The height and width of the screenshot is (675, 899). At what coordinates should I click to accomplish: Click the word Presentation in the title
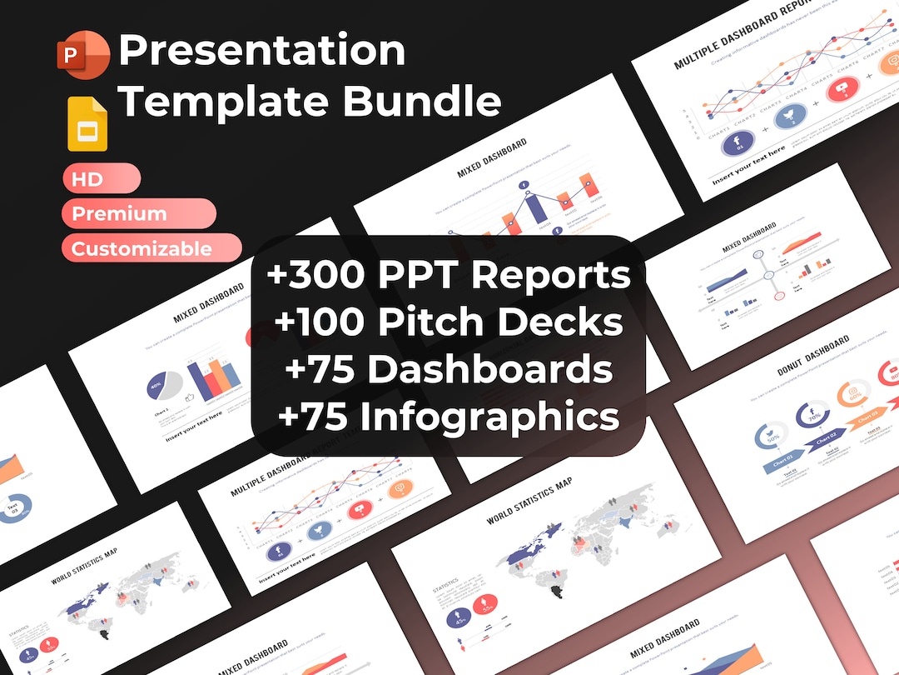(x=261, y=51)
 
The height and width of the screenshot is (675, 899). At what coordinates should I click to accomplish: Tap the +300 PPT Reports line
(x=449, y=275)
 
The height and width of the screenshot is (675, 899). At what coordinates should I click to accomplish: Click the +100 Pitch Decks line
(x=449, y=322)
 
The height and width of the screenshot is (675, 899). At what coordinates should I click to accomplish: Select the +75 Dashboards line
(x=449, y=369)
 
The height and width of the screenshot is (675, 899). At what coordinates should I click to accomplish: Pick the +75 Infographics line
(x=449, y=417)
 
